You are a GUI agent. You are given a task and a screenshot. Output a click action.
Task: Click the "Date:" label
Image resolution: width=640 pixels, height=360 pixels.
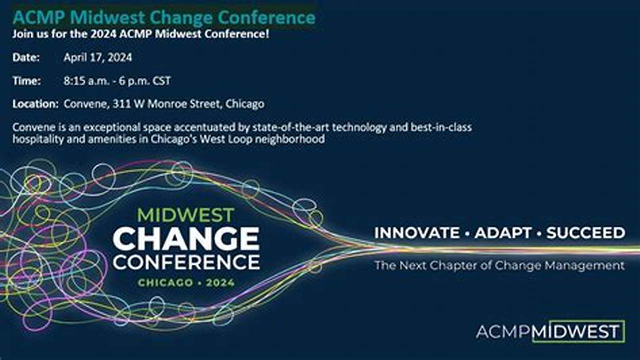[26, 58]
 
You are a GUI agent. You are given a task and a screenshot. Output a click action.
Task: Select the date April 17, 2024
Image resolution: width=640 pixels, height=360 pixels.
[98, 58]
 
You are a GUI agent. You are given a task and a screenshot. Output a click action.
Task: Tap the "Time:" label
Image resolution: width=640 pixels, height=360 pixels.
[27, 81]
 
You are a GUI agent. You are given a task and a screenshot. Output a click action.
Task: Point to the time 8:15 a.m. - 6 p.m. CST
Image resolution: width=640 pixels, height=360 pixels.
[117, 81]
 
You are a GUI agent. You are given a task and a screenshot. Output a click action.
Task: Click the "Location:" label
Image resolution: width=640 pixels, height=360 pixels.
[36, 104]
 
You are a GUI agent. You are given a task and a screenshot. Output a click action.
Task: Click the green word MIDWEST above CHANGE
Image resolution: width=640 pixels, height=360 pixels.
[186, 215]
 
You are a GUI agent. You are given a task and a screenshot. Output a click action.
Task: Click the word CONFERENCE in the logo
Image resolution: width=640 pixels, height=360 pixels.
[186, 262]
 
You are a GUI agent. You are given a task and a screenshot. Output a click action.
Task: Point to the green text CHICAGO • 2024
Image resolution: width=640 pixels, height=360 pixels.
[186, 283]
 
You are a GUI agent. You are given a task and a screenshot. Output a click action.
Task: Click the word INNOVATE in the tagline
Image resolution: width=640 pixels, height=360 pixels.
[417, 233]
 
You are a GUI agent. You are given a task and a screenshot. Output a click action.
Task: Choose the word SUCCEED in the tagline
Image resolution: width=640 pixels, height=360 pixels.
[585, 233]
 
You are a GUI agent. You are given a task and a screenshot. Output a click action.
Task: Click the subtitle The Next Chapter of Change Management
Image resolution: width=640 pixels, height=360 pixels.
[499, 265]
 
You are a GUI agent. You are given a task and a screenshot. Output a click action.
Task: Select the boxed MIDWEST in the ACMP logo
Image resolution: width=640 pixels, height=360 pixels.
[578, 331]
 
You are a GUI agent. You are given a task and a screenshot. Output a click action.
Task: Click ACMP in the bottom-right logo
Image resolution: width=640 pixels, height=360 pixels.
[503, 332]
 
